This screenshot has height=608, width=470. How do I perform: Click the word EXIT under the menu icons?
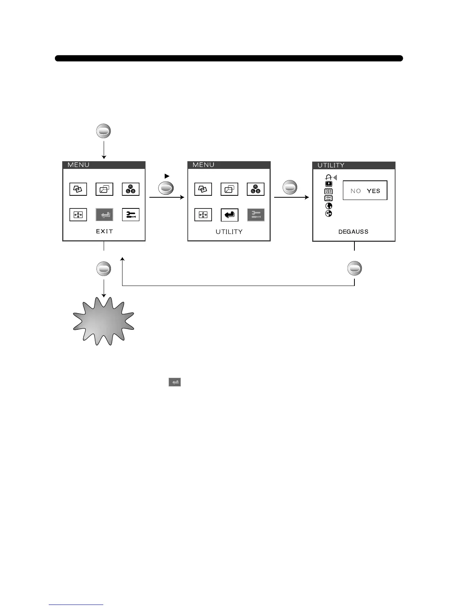pos(104,231)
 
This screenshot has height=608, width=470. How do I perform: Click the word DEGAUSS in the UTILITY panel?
pos(353,231)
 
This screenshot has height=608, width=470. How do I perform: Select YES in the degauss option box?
pos(373,191)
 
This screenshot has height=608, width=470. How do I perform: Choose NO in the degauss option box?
pos(356,191)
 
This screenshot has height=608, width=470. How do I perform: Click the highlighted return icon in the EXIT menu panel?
pos(104,215)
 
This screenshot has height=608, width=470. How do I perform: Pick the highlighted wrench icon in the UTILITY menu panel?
pos(256,215)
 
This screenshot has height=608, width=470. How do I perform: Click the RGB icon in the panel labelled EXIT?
pos(131,189)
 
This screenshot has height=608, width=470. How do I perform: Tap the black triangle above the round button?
pos(167,176)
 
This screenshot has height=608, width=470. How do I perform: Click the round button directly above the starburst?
pos(104,269)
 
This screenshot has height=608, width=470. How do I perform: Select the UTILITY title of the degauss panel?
pos(331,165)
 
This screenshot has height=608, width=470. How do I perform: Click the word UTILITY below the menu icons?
pos(229,231)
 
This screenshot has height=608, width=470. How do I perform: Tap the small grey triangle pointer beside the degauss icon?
pos(335,177)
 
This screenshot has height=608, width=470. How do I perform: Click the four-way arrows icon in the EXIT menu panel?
pos(78,215)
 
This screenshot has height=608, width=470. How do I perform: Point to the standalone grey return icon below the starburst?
pos(175,382)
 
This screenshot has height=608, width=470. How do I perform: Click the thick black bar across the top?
pos(229,58)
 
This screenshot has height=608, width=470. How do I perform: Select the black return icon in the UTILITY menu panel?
pos(230,215)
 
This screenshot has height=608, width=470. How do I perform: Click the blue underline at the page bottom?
pos(76,605)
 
